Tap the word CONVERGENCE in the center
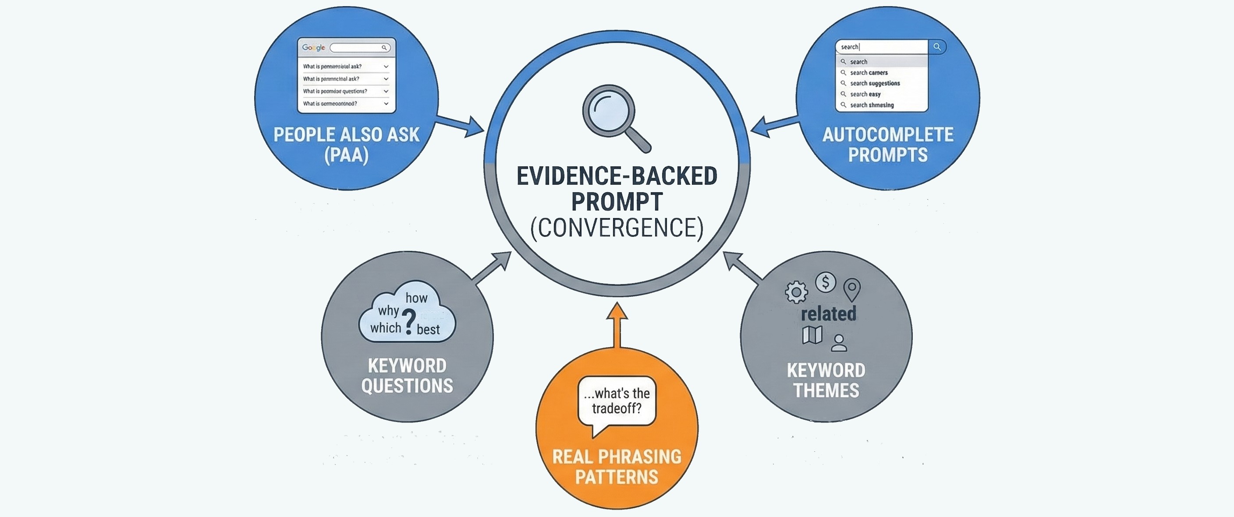(x=617, y=228)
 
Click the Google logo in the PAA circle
(x=313, y=47)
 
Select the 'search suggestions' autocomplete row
(x=874, y=83)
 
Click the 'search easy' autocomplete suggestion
(x=865, y=94)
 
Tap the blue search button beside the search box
(x=937, y=47)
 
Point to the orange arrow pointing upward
(x=617, y=323)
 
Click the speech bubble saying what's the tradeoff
(x=617, y=401)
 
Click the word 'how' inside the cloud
(x=416, y=298)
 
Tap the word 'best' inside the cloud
(x=428, y=330)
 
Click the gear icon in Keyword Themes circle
(x=796, y=292)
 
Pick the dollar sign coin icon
(x=826, y=282)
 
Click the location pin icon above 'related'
(x=852, y=288)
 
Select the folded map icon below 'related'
(x=812, y=335)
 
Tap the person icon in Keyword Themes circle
(x=839, y=343)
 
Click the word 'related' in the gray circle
(x=828, y=314)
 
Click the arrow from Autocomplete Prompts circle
(x=773, y=126)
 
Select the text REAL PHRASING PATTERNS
(x=617, y=467)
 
